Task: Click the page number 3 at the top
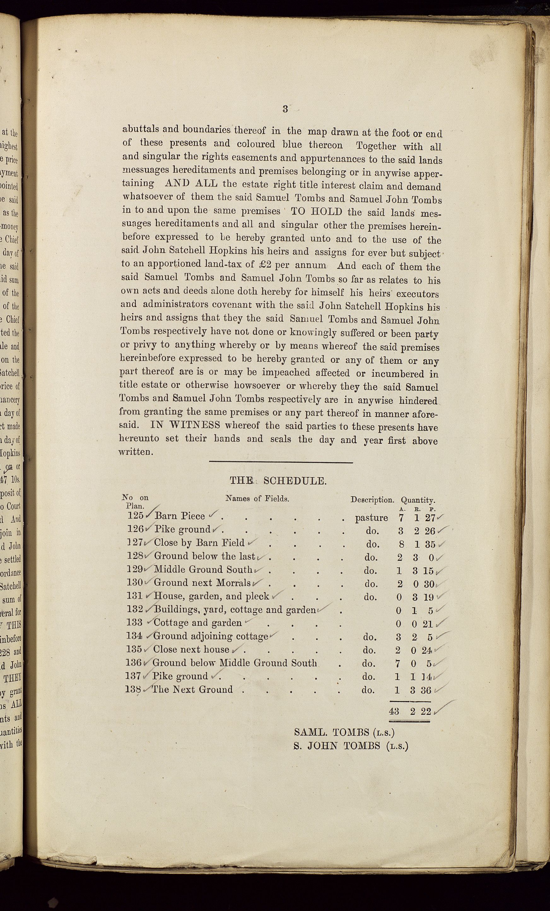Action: point(285,109)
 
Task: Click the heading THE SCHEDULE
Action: point(278,481)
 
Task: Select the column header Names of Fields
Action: point(257,498)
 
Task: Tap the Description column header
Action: point(372,500)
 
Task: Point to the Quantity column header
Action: point(418,500)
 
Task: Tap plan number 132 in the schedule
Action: point(135,609)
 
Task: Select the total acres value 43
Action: point(394,711)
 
